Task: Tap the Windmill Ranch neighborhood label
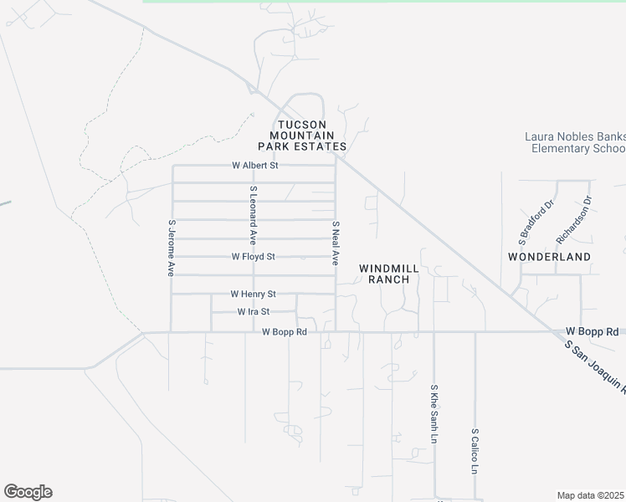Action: pyautogui.click(x=389, y=274)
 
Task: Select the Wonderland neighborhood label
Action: pyautogui.click(x=549, y=257)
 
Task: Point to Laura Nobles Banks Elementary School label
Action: pyautogui.click(x=575, y=142)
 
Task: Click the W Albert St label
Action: pyautogui.click(x=254, y=166)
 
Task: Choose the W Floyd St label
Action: pyautogui.click(x=253, y=257)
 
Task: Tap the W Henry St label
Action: pyautogui.click(x=253, y=295)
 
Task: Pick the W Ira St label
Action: pyautogui.click(x=253, y=311)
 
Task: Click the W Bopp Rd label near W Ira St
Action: pyautogui.click(x=285, y=332)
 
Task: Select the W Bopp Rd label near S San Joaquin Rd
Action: pyautogui.click(x=591, y=331)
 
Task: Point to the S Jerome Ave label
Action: pyautogui.click(x=171, y=248)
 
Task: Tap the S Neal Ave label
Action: pyautogui.click(x=335, y=243)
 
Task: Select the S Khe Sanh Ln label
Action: pyautogui.click(x=434, y=414)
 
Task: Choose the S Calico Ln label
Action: pyautogui.click(x=475, y=453)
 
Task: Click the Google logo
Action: pyautogui.click(x=28, y=492)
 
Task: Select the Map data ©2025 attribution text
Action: pyautogui.click(x=590, y=495)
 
